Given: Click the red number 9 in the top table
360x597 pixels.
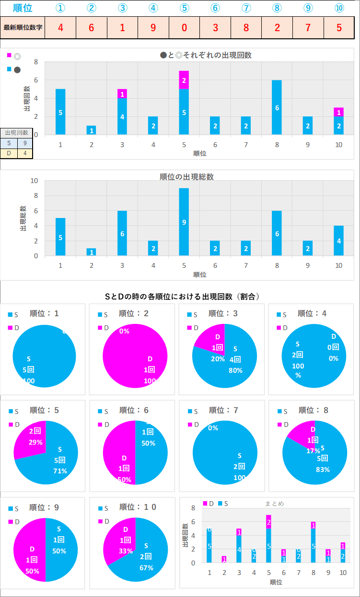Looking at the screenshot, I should point(153,27).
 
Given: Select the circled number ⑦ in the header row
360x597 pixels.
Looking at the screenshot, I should point(246,8).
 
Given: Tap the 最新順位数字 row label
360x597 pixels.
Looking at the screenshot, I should point(23,27).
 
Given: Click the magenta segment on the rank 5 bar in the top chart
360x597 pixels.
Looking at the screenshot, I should point(184,80).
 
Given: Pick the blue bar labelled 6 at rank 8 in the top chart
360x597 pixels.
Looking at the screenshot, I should point(277,107).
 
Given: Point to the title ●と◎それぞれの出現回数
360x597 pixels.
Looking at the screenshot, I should point(206,55).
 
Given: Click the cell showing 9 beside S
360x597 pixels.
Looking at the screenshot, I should point(25,142).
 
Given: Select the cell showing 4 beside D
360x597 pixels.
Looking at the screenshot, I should point(25,153).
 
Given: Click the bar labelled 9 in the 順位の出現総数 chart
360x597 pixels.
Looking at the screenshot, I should point(184,222).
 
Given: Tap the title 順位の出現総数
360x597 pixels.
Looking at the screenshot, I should point(186,177).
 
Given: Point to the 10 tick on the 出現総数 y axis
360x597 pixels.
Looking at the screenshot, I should point(34,181).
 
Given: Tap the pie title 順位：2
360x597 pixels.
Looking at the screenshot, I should point(133,314).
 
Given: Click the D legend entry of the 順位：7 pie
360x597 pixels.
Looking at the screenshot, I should point(193,425).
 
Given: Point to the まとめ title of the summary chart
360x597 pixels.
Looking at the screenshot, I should point(275,504).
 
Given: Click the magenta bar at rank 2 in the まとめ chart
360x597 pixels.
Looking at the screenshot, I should point(224,559).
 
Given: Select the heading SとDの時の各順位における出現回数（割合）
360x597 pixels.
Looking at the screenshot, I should point(182,297).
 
